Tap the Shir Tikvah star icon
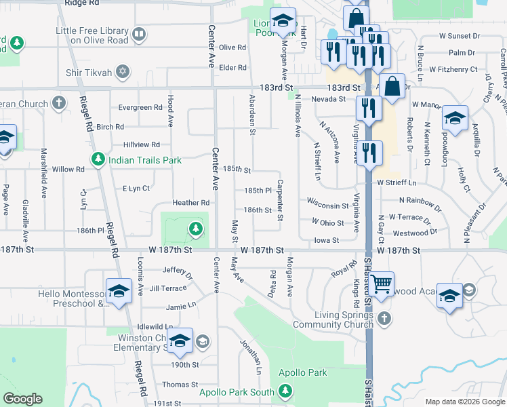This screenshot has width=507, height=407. click(x=122, y=71)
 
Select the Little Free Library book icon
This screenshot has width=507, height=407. click(x=139, y=34)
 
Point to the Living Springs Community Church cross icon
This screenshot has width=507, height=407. click(x=384, y=318)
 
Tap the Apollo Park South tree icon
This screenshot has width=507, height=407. click(x=286, y=391)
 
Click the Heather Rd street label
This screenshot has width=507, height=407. click(x=191, y=203)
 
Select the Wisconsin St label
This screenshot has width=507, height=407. click(x=327, y=202)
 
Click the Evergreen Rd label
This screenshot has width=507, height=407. click(x=140, y=107)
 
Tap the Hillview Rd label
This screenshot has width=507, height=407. click(x=142, y=144)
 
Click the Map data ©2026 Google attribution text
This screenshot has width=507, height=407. click(x=465, y=402)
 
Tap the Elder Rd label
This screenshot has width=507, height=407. click(x=232, y=67)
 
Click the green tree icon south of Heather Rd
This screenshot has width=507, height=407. click(x=196, y=229)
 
